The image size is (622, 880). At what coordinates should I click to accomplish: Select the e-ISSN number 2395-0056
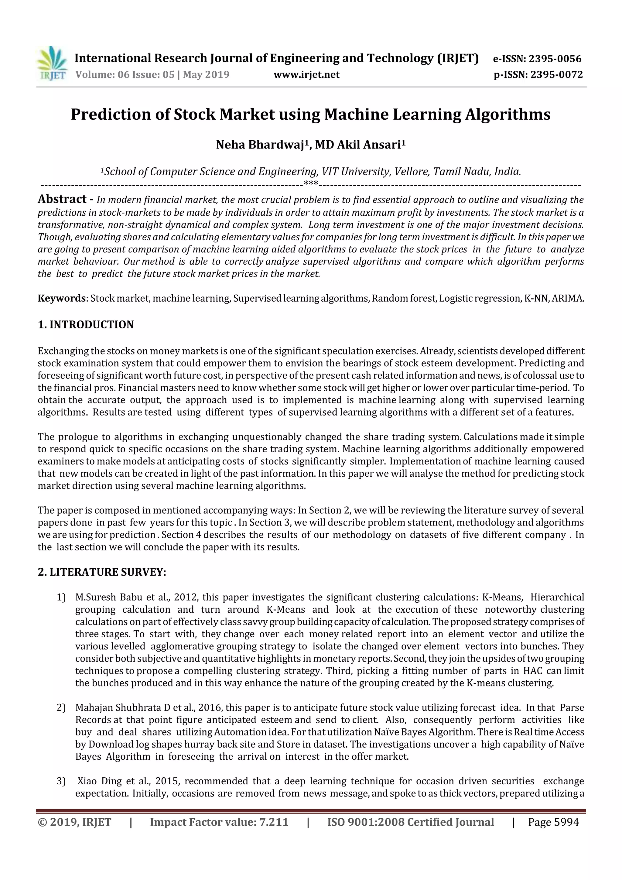555,59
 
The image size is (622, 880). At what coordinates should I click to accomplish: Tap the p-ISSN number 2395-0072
556,74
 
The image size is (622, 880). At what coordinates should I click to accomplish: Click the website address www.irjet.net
306,74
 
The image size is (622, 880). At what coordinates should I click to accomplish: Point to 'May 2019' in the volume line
206,74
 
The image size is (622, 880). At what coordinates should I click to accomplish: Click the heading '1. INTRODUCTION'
86,325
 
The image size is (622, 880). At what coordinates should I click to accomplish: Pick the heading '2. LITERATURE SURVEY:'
102,572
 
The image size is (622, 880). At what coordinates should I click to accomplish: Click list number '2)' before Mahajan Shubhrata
61,707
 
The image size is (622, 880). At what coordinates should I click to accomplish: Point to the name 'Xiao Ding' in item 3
94,781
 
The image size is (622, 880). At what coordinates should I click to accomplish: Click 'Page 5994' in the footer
553,822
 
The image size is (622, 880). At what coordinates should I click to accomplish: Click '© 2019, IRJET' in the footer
74,822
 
